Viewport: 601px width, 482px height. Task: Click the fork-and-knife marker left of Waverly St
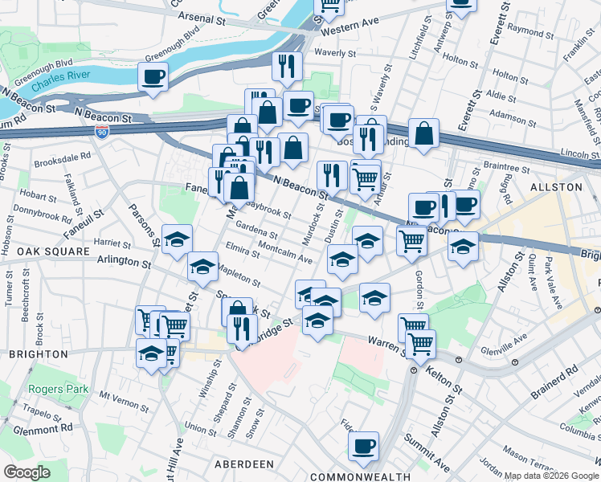pyautogui.click(x=287, y=66)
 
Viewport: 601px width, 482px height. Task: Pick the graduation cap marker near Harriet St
pyautogui.click(x=177, y=239)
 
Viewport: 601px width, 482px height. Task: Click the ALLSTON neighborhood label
pyautogui.click(x=555, y=186)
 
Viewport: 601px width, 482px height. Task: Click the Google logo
pyautogui.click(x=27, y=472)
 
